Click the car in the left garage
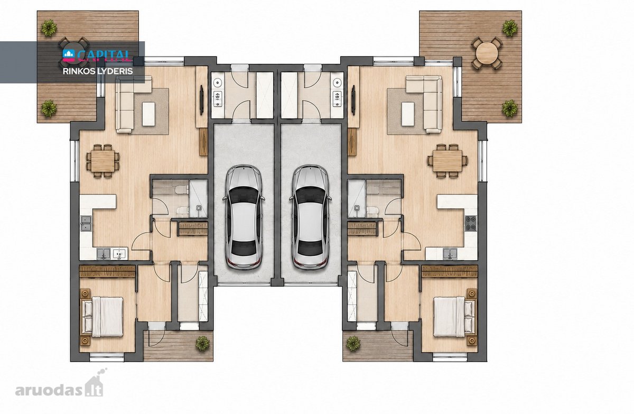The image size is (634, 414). click(x=244, y=217)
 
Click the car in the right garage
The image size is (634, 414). click(x=311, y=217)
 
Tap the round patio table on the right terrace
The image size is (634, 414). click(x=487, y=53)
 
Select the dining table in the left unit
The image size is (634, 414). click(x=102, y=161)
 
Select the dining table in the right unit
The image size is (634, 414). click(x=447, y=161)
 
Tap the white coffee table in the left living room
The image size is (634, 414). click(x=148, y=114)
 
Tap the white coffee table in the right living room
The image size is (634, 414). click(x=408, y=114)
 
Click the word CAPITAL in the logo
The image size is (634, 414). click(x=104, y=56)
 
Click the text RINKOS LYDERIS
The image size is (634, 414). click(x=98, y=71)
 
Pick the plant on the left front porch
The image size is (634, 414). click(x=203, y=344)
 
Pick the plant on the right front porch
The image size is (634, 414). click(x=353, y=344)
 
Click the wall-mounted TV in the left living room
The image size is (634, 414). click(x=201, y=100)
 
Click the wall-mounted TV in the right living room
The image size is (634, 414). click(x=353, y=100)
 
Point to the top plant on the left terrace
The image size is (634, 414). click(x=49, y=27)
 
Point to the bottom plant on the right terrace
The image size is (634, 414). click(x=510, y=108)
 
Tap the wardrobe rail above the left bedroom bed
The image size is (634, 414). click(x=107, y=272)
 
